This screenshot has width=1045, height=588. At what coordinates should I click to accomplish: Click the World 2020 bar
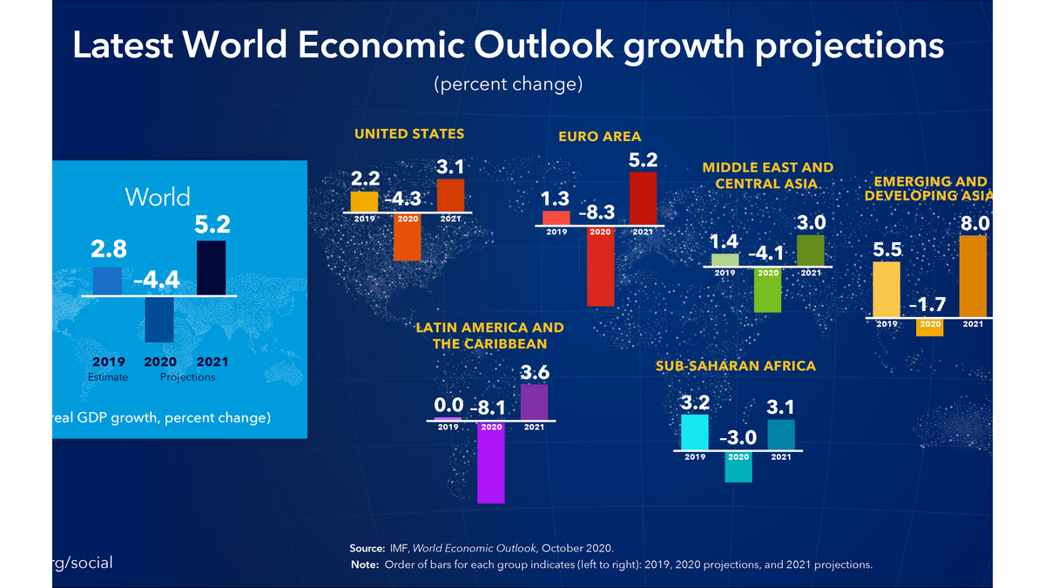tap(158, 320)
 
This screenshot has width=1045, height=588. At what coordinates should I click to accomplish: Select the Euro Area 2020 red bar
tap(600, 266)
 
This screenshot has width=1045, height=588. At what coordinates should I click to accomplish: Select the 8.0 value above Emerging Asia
tap(974, 223)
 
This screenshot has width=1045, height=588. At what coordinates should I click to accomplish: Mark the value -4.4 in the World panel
tap(156, 280)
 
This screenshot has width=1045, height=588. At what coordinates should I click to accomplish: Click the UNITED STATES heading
tap(408, 134)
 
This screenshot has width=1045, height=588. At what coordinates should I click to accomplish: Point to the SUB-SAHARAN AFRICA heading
tap(736, 367)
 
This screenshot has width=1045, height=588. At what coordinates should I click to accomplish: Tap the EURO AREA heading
tap(599, 137)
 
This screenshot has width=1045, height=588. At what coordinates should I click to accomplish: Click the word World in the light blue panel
tap(158, 196)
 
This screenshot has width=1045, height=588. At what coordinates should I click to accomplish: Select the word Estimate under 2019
tap(108, 377)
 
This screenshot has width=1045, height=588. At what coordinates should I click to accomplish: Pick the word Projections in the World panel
tap(187, 377)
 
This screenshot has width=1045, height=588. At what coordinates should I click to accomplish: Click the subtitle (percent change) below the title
tap(508, 84)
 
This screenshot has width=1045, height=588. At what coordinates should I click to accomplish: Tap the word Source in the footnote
tap(367, 548)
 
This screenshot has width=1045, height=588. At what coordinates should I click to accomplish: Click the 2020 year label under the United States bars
tap(408, 219)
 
